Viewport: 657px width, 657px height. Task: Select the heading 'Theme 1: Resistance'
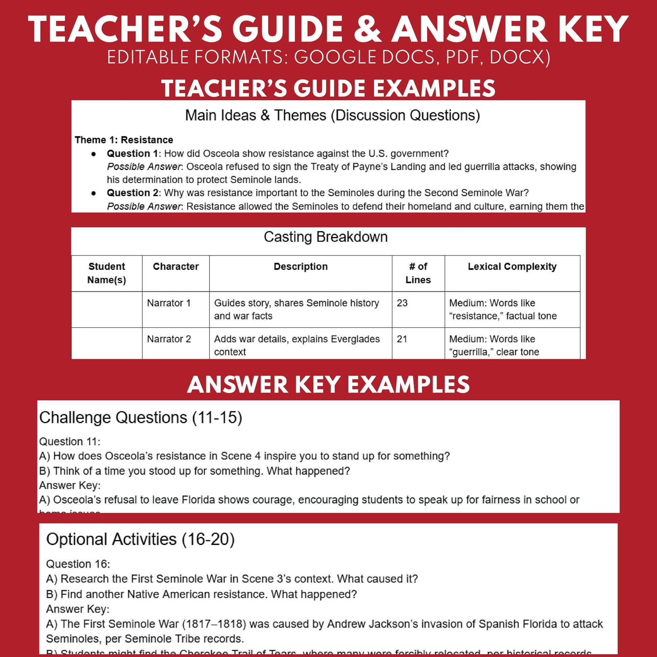[124, 140]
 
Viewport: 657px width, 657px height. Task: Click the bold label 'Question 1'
[132, 153]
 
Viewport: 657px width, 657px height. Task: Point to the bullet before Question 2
[94, 193]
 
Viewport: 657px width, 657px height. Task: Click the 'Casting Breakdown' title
[325, 237]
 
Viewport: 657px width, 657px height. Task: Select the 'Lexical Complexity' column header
[512, 267]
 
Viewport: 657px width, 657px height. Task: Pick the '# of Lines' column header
[418, 273]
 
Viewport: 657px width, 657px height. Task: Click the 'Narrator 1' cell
[169, 303]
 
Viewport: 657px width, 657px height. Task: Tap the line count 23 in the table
[402, 303]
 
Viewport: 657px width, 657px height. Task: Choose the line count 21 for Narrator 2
[402, 339]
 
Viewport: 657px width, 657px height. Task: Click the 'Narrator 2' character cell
[169, 339]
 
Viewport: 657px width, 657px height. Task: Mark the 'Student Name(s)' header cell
[106, 273]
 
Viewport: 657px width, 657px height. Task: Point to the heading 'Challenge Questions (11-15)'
[140, 417]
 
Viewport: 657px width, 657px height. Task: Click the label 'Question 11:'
[70, 441]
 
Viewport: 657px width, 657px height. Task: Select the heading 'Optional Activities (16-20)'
[140, 539]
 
